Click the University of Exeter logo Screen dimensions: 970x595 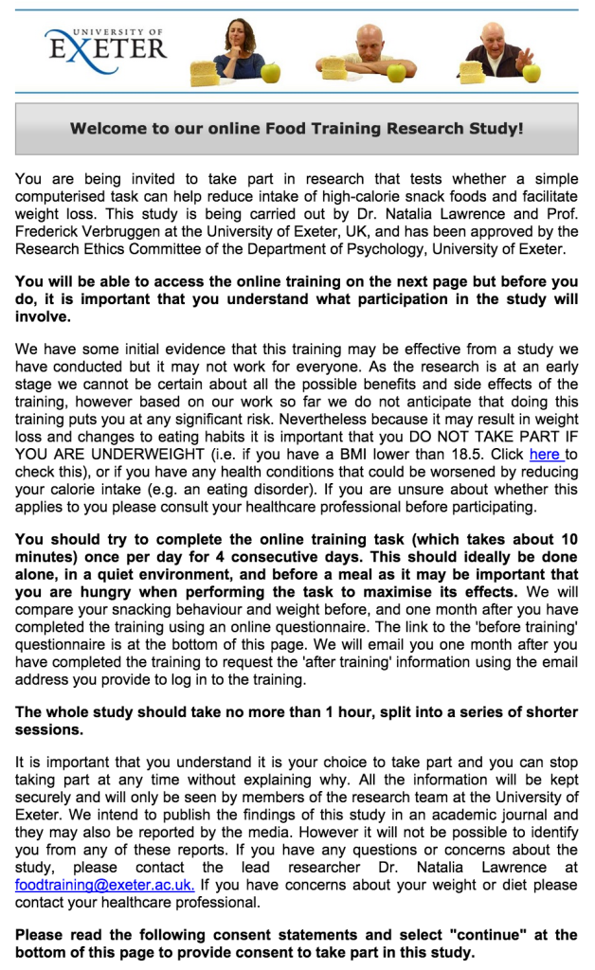(104, 44)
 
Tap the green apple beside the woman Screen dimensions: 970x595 (272, 72)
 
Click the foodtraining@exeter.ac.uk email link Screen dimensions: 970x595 (105, 885)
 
